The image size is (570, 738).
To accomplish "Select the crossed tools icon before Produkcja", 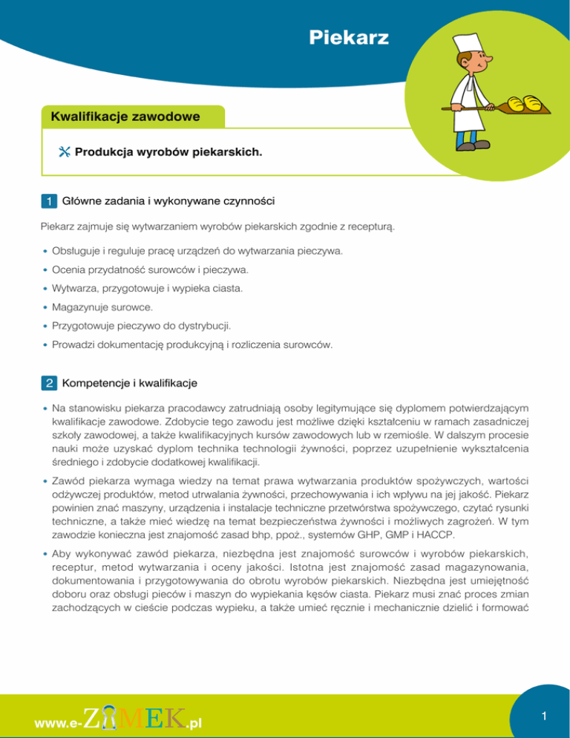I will pos(63,151).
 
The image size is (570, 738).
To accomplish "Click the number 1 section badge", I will pos(47,200).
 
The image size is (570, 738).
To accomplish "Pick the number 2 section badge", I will pos(47,384).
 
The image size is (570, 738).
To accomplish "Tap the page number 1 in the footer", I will pos(544,716).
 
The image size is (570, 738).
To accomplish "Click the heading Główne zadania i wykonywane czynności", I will pos(169,200).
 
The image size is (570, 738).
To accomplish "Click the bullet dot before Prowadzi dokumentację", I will pos(46,344).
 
